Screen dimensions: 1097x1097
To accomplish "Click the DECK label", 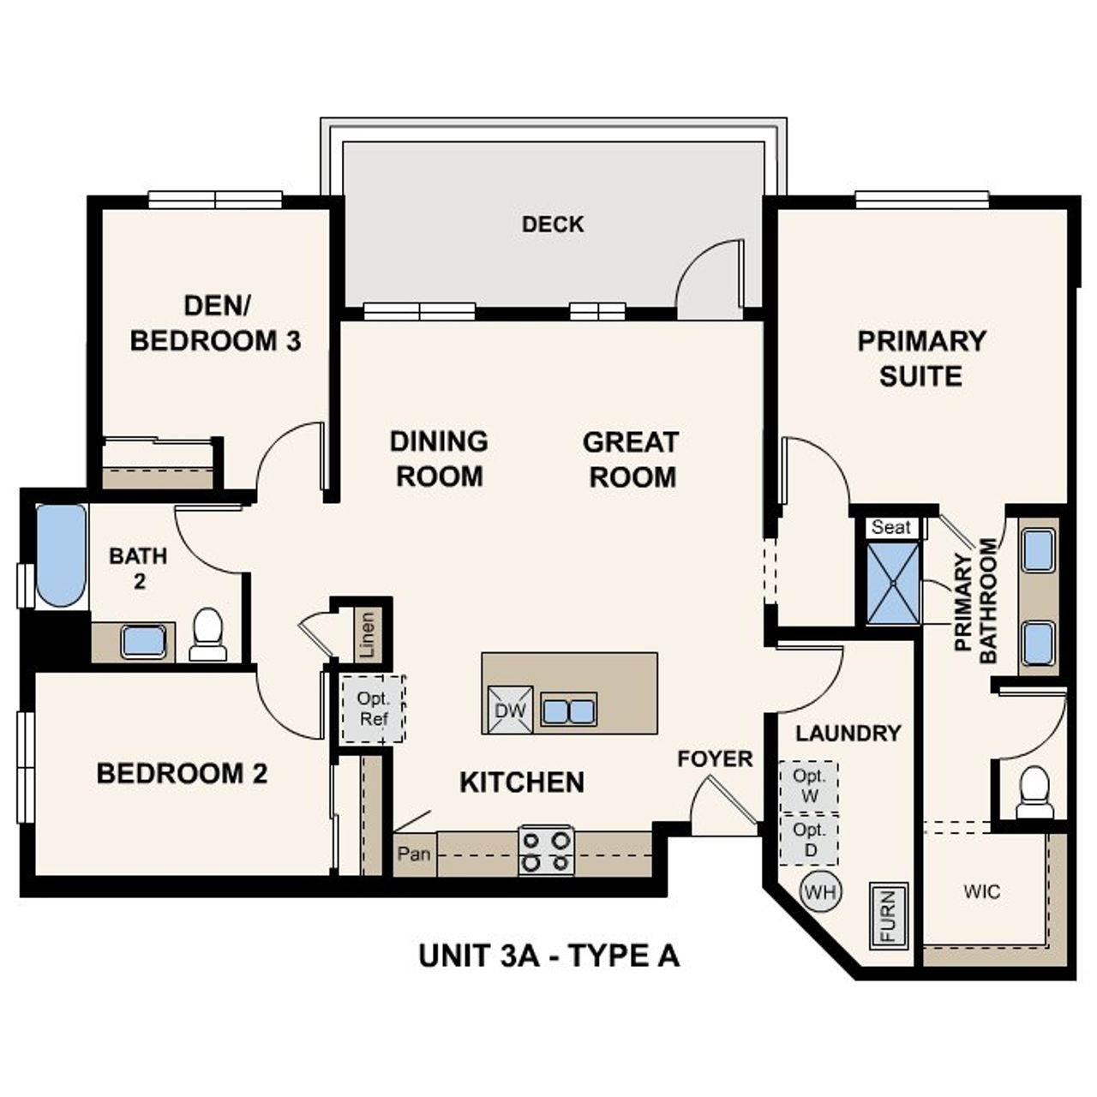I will click(x=553, y=225).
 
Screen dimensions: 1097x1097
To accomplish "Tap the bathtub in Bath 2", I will click(x=61, y=554).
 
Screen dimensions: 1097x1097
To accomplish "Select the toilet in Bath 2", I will click(x=207, y=634).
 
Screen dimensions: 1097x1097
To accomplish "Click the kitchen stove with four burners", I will click(x=546, y=849).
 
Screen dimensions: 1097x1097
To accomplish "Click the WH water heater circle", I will click(x=820, y=892).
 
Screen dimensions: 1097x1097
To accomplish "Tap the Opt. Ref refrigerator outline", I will click(x=374, y=709).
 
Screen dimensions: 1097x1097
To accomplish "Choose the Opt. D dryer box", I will click(x=809, y=839).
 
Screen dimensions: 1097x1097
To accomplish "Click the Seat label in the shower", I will click(x=891, y=527).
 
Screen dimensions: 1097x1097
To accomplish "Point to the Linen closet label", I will click(x=368, y=634).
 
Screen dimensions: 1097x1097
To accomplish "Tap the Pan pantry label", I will click(x=414, y=854).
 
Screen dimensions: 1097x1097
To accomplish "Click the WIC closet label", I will click(x=981, y=891).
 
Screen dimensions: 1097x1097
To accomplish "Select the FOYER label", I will click(x=715, y=758).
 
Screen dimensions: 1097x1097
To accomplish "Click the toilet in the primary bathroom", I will click(x=1034, y=793).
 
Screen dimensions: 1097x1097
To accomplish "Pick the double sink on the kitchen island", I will click(x=568, y=710).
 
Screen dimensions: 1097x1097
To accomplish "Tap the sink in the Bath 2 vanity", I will click(x=143, y=641).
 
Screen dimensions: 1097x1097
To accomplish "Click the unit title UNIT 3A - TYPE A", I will click(x=548, y=955).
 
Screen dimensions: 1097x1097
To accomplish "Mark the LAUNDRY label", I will click(x=848, y=734).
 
